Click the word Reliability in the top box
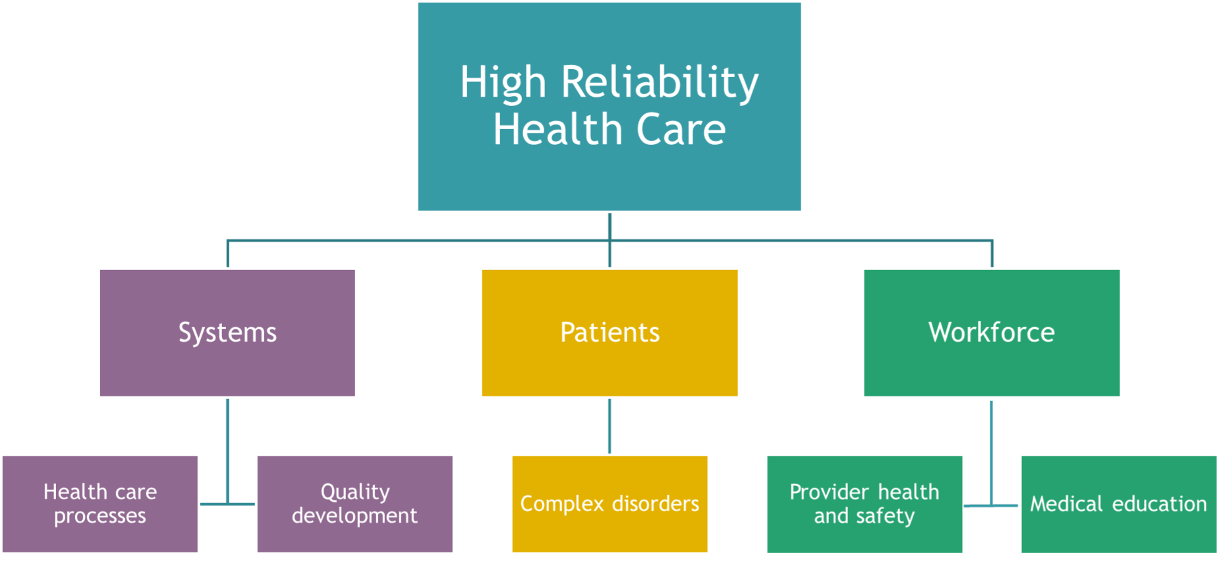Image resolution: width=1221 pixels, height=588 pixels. pos(660,83)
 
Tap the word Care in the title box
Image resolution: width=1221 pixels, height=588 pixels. pos(681,129)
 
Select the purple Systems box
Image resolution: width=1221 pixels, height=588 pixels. pos(227,333)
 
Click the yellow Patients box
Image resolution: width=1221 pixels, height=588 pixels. pos(610,333)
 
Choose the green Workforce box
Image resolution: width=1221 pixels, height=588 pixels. pos(992,333)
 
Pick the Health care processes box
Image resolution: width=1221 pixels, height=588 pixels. pos(100,504)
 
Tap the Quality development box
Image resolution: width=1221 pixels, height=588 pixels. pos(355,504)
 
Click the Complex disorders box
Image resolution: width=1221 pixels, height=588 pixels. pos(610,504)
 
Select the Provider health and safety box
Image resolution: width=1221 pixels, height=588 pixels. pos(865,504)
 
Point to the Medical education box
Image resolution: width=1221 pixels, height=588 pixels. pos(1119,504)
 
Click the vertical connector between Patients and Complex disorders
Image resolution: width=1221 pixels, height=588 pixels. pos(610,426)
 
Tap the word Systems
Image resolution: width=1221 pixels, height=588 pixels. pos(227,333)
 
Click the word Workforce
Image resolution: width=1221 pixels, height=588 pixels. pos(992,332)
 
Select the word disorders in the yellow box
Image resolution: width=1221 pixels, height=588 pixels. pos(656,504)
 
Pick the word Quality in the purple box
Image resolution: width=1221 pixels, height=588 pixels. pos(355,493)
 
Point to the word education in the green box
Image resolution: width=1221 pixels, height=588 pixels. pos(1160,504)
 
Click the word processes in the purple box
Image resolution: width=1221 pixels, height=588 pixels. pos(100,516)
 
